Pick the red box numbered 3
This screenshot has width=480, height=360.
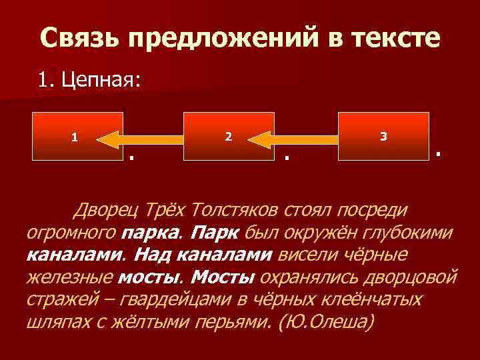point(383,137)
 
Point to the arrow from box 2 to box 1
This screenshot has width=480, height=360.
point(143,138)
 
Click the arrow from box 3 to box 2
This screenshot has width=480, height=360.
point(296,138)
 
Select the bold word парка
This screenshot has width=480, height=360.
point(150,233)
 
